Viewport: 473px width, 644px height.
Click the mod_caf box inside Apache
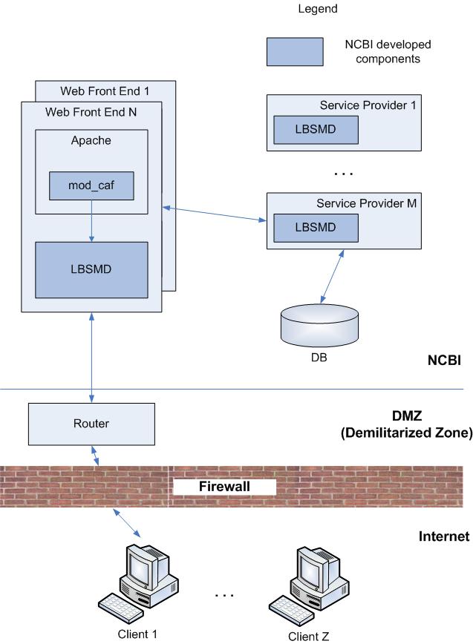[x=91, y=185]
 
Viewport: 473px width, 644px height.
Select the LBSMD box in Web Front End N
[x=91, y=269]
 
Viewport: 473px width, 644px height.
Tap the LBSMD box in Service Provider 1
[x=316, y=130]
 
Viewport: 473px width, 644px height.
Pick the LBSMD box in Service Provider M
[x=316, y=228]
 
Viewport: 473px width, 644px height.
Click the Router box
[x=91, y=424]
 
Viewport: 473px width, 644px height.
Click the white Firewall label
[x=224, y=487]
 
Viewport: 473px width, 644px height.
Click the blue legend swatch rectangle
[x=295, y=52]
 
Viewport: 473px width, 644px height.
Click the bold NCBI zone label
[x=445, y=361]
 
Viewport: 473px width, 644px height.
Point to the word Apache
[x=91, y=140]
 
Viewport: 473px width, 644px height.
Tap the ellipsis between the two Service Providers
[x=343, y=174]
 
